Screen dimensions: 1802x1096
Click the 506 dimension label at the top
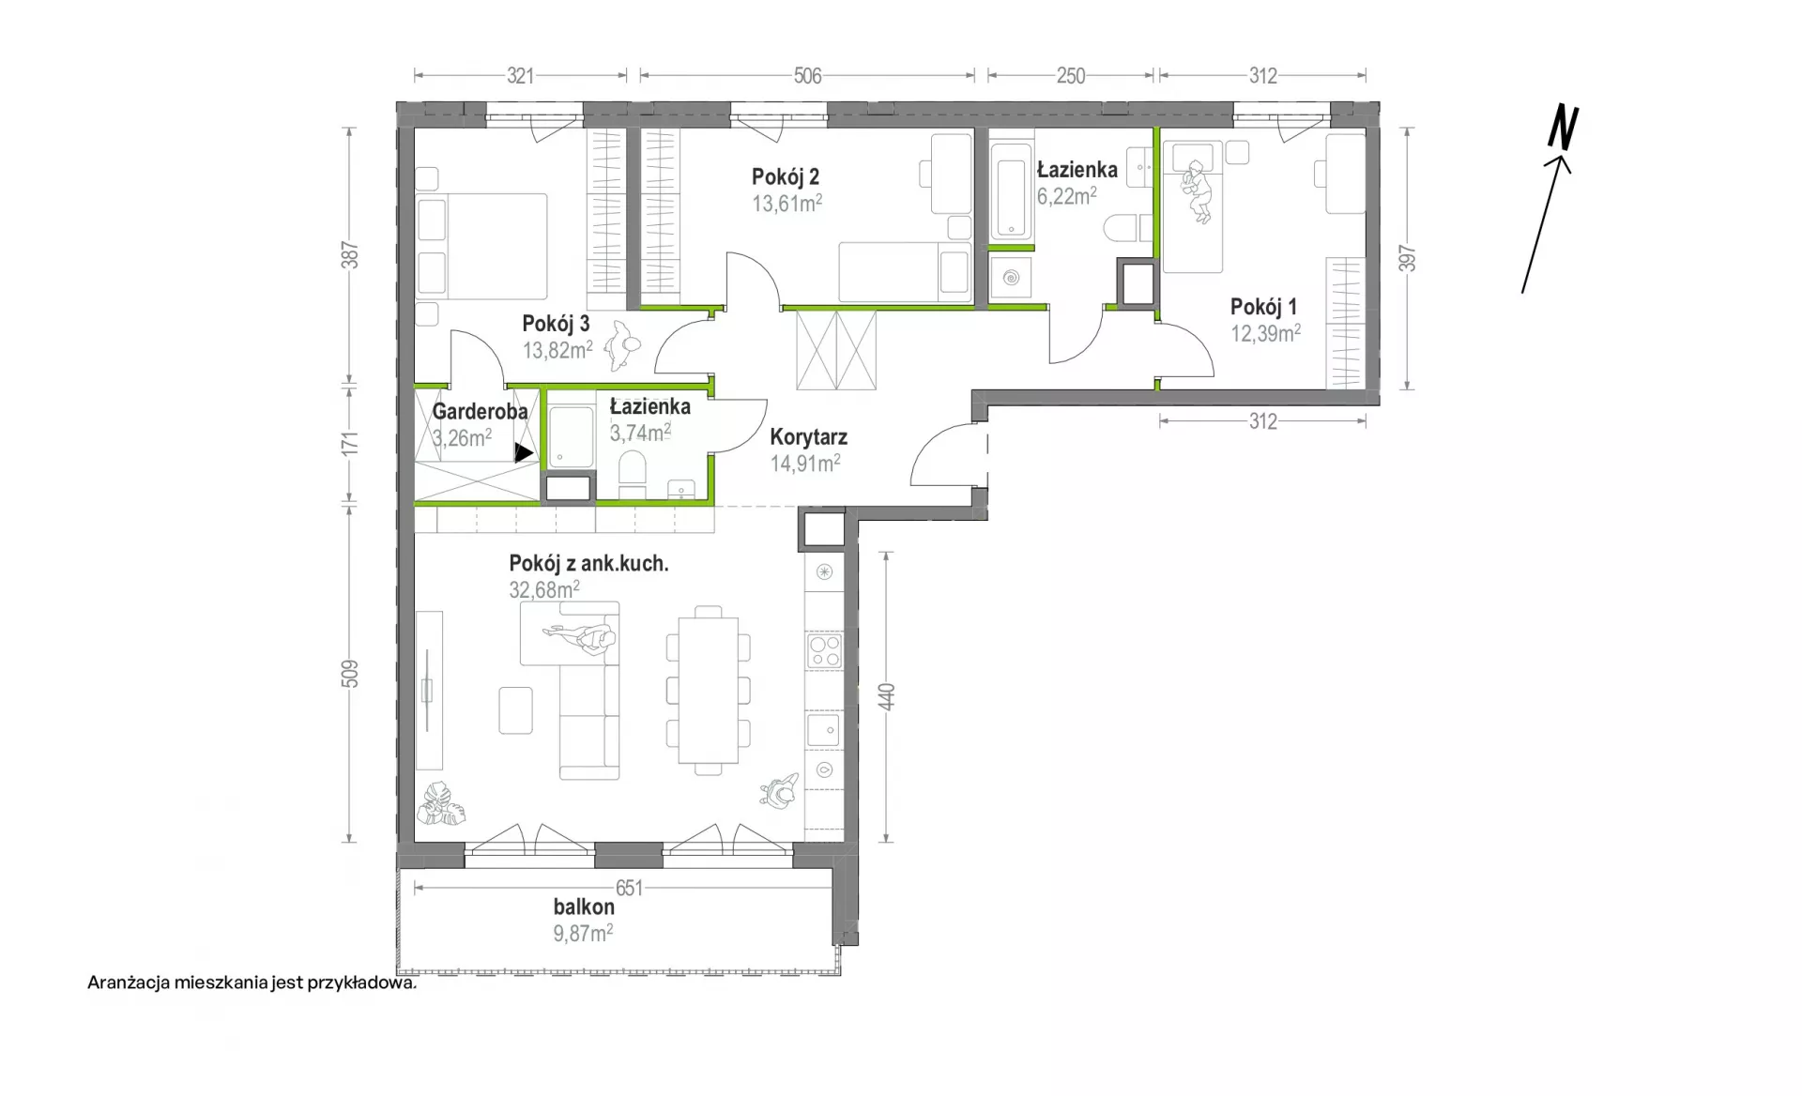click(807, 76)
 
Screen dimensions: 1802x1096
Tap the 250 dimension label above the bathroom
click(1071, 76)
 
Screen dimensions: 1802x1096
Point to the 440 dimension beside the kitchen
click(887, 696)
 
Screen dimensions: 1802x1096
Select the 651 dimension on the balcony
click(630, 888)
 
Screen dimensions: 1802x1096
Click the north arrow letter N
click(1564, 129)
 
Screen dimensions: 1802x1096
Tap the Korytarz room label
click(809, 437)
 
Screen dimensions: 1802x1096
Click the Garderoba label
click(480, 411)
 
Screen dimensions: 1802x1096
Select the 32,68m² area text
click(544, 589)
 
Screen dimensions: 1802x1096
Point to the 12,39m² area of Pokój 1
click(1265, 333)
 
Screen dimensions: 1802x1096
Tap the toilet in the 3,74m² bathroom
click(633, 473)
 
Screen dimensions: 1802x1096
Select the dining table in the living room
click(709, 691)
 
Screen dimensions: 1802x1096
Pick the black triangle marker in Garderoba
click(524, 453)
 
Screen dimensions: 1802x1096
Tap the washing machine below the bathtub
click(1011, 278)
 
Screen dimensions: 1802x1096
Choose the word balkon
click(584, 907)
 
